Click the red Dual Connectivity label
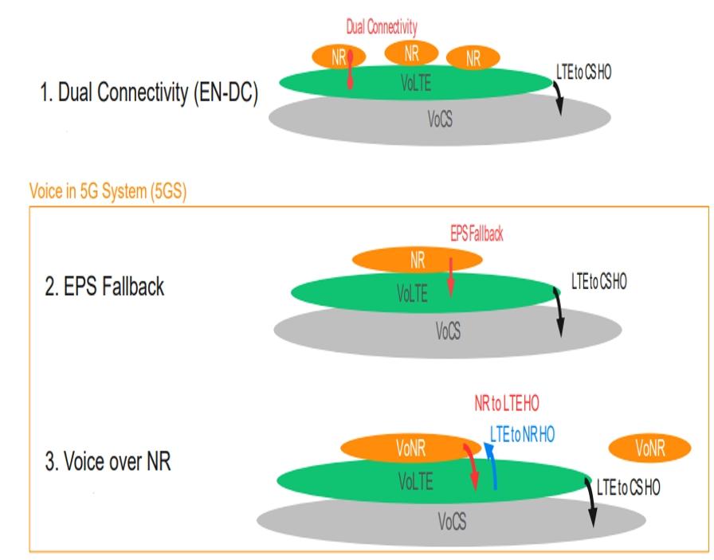tap(382, 27)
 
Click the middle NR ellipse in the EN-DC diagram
tap(411, 53)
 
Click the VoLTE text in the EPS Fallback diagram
tap(412, 295)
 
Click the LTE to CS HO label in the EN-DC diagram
tap(586, 72)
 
